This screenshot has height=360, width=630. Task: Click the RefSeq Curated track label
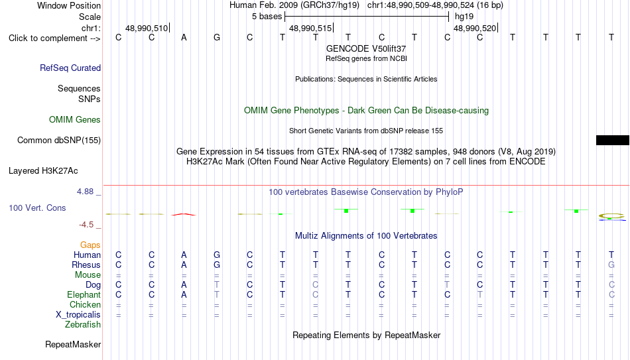click(x=70, y=68)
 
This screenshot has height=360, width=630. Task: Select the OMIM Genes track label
click(x=75, y=120)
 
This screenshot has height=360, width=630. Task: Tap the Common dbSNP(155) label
click(x=59, y=141)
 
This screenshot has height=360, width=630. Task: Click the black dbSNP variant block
click(x=612, y=140)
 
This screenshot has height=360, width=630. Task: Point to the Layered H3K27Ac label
click(x=43, y=171)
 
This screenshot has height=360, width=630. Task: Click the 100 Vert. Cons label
click(x=37, y=208)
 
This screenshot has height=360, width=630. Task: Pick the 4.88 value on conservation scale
click(x=85, y=192)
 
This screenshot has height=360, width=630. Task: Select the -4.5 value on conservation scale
click(x=86, y=225)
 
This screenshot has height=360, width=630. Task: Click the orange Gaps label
click(x=90, y=245)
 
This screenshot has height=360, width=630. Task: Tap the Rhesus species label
click(x=86, y=265)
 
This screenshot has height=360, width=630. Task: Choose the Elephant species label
click(x=84, y=295)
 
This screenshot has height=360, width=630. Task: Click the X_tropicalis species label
click(x=78, y=315)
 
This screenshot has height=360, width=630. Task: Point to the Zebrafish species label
click(x=83, y=324)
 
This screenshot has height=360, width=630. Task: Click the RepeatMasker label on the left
click(x=73, y=344)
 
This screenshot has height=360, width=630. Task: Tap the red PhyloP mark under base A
click(x=184, y=215)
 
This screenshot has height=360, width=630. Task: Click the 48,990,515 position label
click(x=310, y=28)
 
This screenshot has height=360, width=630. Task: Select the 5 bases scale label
click(x=267, y=17)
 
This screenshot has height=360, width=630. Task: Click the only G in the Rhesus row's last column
click(x=611, y=265)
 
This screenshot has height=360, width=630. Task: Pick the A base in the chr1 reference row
click(x=184, y=37)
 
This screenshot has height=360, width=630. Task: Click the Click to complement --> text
click(x=54, y=38)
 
